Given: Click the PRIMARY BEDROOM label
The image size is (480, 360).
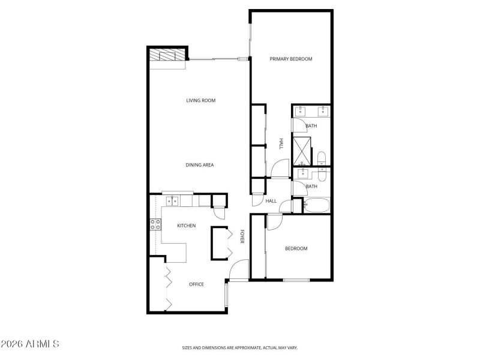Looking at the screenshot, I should (x=291, y=59).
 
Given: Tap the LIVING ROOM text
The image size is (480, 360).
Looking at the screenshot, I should (x=200, y=100).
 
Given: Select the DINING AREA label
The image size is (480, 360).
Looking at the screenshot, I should (x=200, y=164).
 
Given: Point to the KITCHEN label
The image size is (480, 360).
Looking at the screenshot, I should (x=186, y=226).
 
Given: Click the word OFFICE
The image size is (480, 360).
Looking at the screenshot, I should (x=196, y=284).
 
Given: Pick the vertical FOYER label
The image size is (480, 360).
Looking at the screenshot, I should (x=242, y=236).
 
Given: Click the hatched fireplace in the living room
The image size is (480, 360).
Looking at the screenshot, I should (x=167, y=55).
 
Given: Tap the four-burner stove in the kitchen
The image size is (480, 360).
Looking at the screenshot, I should (x=155, y=226).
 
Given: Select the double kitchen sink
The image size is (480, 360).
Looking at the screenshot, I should (x=172, y=200).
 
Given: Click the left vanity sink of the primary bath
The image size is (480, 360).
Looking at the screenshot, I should (x=301, y=110).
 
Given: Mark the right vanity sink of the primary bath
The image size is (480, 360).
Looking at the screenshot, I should (x=323, y=110).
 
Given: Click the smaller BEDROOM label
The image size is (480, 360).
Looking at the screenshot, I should (x=296, y=248).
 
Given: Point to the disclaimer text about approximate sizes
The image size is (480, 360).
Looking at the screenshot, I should (x=240, y=347).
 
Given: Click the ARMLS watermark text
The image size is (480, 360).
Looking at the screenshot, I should (x=30, y=344).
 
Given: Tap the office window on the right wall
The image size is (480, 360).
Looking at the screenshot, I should (x=226, y=295).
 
